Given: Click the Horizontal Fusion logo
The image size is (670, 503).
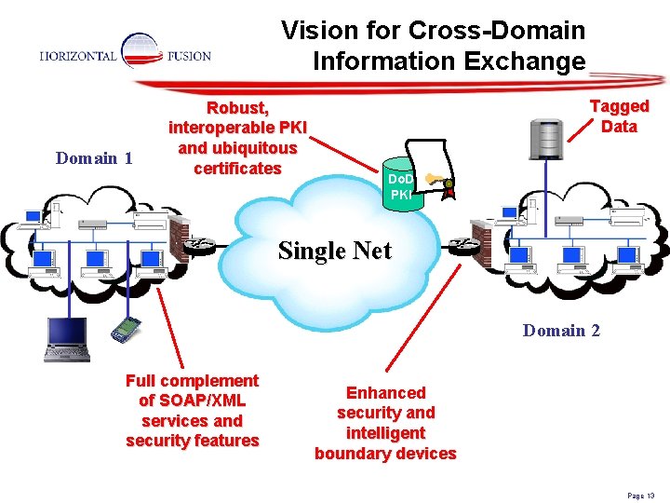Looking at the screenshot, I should pos(127,55).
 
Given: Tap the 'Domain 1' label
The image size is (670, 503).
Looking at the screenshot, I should pos(94,158).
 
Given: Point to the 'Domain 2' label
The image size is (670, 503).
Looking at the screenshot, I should pos(561,331).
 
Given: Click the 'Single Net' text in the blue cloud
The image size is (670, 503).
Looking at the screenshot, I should pos(335,251).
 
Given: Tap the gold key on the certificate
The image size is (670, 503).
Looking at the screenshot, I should pos(431,179).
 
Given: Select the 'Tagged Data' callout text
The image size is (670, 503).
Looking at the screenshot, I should pos(619,116).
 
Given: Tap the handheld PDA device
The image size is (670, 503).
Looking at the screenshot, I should pos(121,330).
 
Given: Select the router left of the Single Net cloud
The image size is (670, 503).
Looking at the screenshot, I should pos(200,244).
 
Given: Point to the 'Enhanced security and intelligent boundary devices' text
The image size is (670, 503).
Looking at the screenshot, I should pos(385,423).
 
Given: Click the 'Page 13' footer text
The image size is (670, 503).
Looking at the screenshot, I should pos(641,496).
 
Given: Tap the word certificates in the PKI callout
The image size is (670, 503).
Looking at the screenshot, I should pos(237,169).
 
